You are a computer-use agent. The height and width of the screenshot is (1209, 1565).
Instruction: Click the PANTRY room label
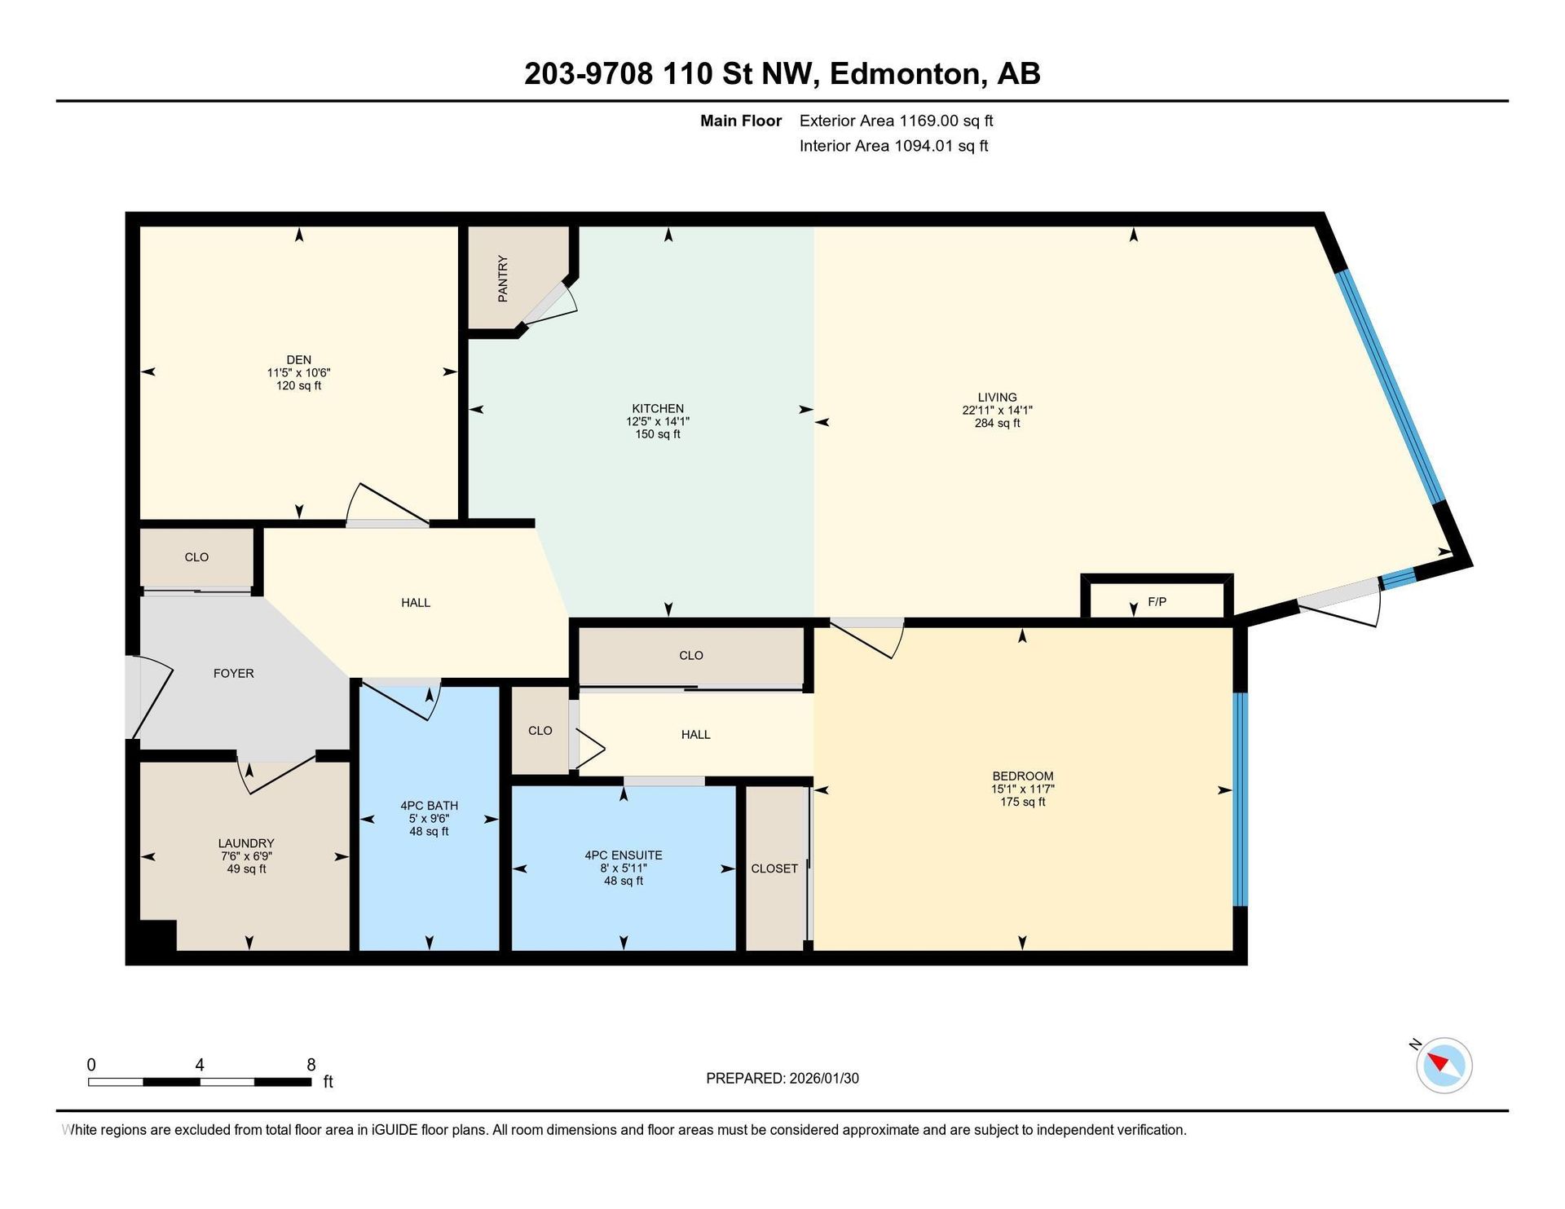tap(503, 279)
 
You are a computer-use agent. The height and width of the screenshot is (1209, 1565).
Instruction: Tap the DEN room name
tap(298, 359)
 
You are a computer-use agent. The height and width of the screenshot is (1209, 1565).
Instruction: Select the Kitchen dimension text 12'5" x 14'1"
tap(658, 421)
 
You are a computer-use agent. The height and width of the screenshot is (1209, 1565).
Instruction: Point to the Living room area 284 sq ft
tap(997, 424)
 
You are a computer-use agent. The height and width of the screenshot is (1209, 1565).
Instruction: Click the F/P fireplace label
tap(1157, 602)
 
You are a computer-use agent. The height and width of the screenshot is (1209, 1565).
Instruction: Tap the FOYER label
tap(233, 673)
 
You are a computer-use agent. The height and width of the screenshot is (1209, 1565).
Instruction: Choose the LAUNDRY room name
tap(246, 843)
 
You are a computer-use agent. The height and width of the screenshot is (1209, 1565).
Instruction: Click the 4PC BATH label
tap(429, 806)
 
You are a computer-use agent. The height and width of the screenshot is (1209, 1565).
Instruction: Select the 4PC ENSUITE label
tap(624, 855)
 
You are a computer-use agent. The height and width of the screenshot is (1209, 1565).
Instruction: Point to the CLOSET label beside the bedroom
tap(774, 868)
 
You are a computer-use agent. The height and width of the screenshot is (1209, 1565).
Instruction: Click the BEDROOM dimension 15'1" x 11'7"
tap(1023, 789)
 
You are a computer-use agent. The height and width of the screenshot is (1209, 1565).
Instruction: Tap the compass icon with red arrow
tap(1444, 1065)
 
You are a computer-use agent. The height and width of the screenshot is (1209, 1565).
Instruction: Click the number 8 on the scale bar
tap(311, 1065)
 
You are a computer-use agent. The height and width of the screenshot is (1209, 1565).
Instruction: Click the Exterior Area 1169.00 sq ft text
tap(896, 121)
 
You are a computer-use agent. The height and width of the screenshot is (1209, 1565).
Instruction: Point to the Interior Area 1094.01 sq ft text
tap(893, 146)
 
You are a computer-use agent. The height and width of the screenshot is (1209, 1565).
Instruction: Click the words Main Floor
tap(741, 121)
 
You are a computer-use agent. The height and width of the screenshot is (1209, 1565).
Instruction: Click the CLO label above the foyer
tap(196, 557)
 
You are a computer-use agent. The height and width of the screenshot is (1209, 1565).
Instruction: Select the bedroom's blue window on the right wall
tap(1240, 798)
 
